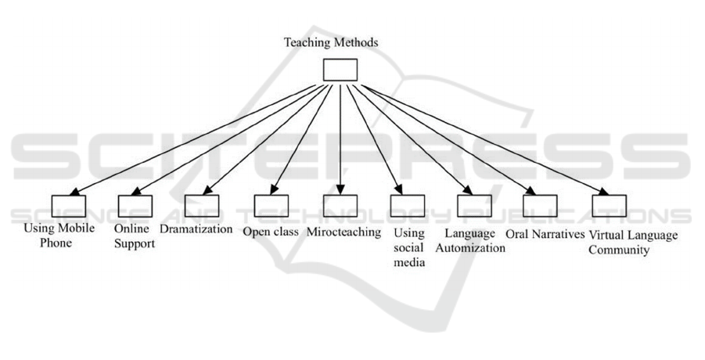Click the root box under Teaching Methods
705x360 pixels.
click(x=340, y=70)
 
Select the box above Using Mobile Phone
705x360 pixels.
click(x=68, y=206)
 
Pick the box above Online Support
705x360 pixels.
click(x=135, y=206)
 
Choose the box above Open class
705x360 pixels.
click(x=271, y=205)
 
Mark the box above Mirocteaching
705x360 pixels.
click(x=340, y=205)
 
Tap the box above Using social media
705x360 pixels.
click(x=408, y=205)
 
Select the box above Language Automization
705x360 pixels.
click(x=473, y=205)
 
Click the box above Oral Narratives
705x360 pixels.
click(x=541, y=205)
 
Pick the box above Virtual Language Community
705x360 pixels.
click(x=610, y=205)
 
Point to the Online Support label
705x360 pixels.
click(x=134, y=237)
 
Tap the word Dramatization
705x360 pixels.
click(x=196, y=230)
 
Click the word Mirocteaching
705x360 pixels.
click(x=344, y=232)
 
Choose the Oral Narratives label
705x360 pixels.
click(x=545, y=232)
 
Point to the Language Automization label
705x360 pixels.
click(x=474, y=240)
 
